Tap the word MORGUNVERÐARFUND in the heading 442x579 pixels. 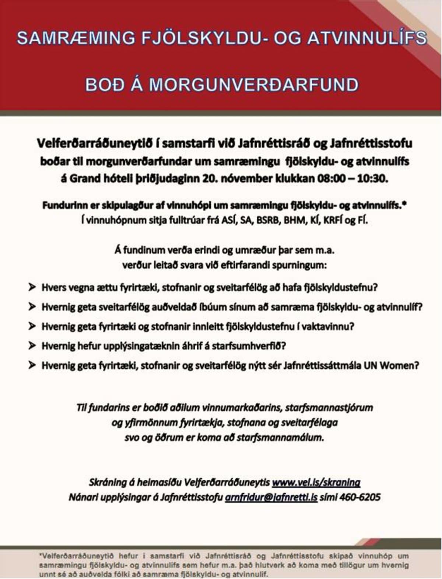[x=253, y=84]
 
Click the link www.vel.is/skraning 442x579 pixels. [x=316, y=482]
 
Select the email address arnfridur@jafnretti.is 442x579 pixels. [x=271, y=497]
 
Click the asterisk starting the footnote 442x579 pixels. [x=40, y=555]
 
